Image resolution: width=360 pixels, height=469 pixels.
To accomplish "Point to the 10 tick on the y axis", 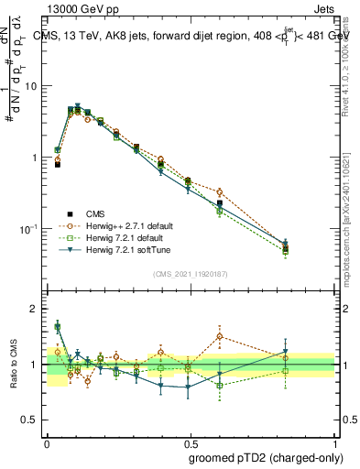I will click(34, 86).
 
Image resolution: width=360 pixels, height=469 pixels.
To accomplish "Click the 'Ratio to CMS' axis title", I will click(14, 364).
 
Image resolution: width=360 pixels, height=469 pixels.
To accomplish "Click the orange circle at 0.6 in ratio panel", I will click(220, 336).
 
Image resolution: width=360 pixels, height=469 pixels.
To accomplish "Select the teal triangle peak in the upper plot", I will click(78, 106).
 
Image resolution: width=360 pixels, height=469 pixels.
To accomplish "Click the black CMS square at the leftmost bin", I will click(58, 165).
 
